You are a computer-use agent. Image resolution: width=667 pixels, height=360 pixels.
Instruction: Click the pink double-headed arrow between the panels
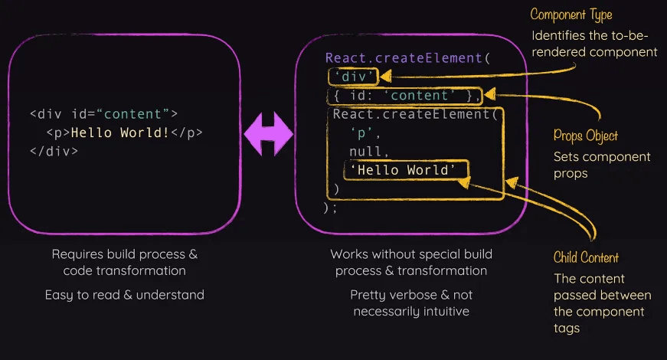[x=268, y=133]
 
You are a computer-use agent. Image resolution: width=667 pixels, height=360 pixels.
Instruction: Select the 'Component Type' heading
[x=571, y=15]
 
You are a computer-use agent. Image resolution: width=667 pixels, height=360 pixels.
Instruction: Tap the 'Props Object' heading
[x=585, y=136]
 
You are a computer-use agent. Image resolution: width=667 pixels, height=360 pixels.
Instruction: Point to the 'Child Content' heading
[x=586, y=257]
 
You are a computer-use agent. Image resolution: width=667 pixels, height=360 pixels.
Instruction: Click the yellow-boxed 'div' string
[x=352, y=76]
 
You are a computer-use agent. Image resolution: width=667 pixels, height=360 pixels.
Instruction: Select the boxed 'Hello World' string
[x=407, y=169]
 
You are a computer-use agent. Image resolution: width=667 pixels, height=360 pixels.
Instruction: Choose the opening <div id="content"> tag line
[x=103, y=114]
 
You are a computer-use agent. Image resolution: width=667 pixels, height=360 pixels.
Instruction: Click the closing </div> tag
[x=54, y=151]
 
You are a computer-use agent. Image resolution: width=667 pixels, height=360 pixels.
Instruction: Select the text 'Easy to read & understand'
[x=124, y=294]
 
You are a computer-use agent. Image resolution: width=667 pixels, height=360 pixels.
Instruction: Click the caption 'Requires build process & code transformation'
[x=124, y=262]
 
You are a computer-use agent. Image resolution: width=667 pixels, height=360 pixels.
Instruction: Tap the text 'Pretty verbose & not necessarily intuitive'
[x=411, y=303]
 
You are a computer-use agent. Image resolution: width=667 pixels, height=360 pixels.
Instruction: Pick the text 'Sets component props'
[x=602, y=165]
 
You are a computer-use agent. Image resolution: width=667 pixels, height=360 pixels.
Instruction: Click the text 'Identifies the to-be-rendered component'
[x=594, y=44]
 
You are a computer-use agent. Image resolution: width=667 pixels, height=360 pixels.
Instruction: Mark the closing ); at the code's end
[x=330, y=207]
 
